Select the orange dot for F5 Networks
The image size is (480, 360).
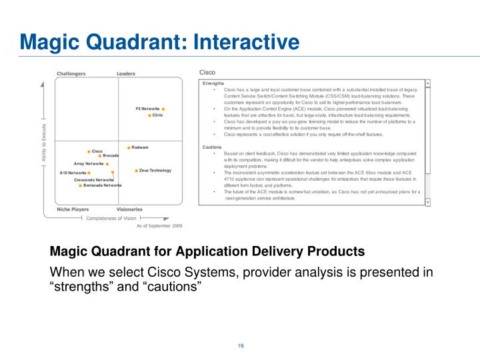tap(163, 109)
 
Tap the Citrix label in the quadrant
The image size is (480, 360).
tap(158, 115)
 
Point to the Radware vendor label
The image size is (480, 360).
tap(140, 147)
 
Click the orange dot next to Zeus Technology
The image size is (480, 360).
tap(137, 171)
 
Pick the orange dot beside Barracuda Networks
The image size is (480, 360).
tap(81, 185)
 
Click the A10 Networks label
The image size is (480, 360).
tap(73, 173)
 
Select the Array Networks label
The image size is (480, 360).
tap(89, 163)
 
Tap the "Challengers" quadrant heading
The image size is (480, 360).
tap(71, 73)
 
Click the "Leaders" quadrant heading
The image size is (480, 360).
tap(127, 73)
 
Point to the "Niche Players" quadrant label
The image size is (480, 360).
tap(73, 209)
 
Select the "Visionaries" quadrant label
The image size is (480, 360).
tap(130, 209)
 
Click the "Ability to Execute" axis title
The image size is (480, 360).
tap(44, 143)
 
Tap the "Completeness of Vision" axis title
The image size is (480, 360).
tap(111, 218)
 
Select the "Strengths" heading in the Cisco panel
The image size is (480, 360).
tap(213, 83)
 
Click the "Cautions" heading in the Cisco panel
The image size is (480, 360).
tap(213, 147)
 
